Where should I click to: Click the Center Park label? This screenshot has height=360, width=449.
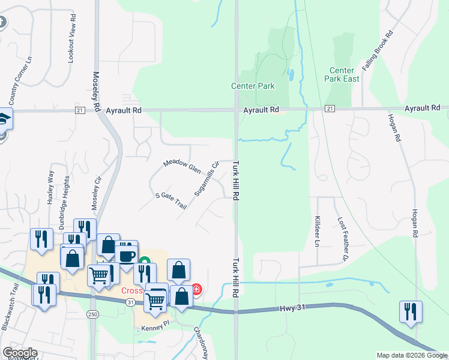253,86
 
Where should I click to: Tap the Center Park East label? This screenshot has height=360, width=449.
342,74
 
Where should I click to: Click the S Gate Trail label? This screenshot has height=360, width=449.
171,201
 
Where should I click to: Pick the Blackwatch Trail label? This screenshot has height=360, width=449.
12,305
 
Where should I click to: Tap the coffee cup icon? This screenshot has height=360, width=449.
127,256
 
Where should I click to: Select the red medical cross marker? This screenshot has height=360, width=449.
196,289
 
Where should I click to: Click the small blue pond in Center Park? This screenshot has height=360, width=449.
291,75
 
